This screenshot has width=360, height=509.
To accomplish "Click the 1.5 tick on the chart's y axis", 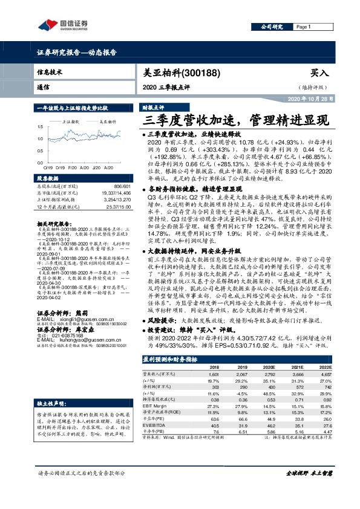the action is (40, 127).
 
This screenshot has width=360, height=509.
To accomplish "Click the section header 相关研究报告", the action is (51, 223).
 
